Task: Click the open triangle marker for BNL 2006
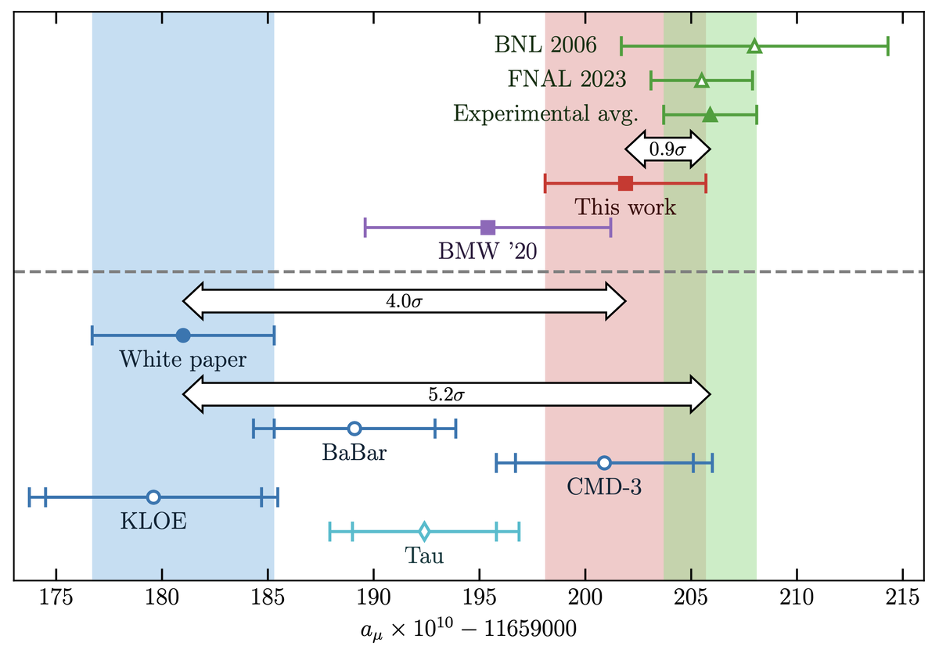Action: click(x=754, y=46)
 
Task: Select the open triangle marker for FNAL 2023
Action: click(x=702, y=81)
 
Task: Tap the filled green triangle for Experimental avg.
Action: click(x=710, y=115)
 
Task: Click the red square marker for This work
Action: click(x=625, y=184)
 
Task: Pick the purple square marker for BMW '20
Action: click(x=487, y=228)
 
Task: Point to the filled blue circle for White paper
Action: click(x=183, y=336)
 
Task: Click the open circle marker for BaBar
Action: click(x=354, y=429)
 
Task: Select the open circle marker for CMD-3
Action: click(x=604, y=463)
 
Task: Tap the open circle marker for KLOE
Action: click(x=153, y=497)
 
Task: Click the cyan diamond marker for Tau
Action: click(x=424, y=532)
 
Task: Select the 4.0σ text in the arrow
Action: click(x=405, y=300)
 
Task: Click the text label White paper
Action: click(x=183, y=360)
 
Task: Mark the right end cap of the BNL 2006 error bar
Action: click(x=887, y=46)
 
